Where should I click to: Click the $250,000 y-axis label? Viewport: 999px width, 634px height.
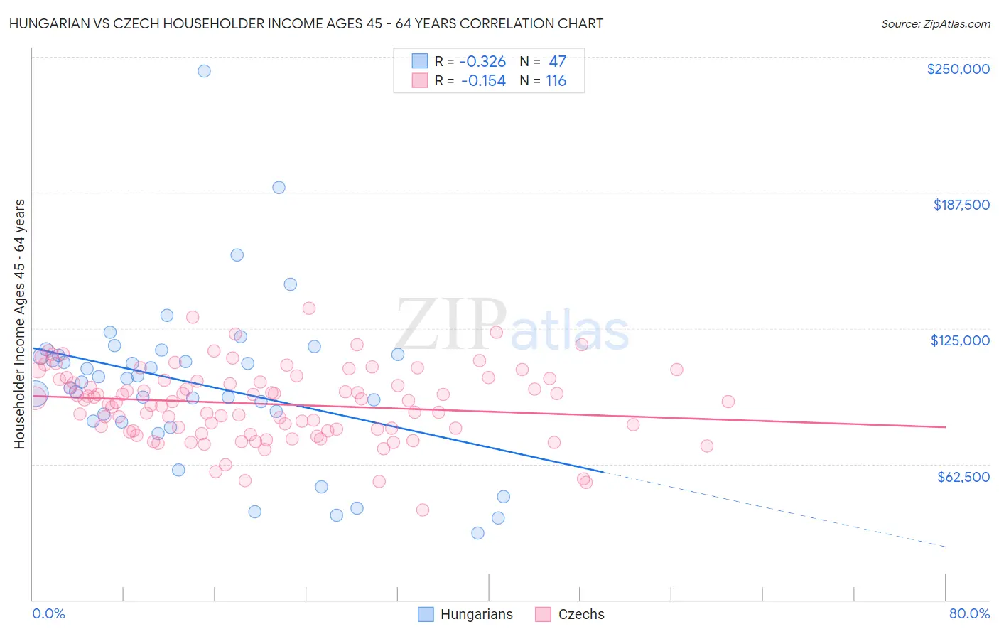(x=958, y=69)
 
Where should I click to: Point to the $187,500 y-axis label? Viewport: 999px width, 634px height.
(x=961, y=205)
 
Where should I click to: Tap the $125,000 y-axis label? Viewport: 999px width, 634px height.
(x=960, y=340)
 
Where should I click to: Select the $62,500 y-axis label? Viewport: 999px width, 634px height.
(x=963, y=477)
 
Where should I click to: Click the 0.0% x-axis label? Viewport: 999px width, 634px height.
(x=48, y=613)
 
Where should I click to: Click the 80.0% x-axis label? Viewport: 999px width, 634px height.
(x=969, y=613)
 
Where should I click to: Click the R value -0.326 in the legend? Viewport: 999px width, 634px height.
(x=483, y=62)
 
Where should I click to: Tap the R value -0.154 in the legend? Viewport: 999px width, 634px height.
(x=483, y=81)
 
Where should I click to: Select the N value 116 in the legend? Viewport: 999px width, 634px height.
(x=556, y=81)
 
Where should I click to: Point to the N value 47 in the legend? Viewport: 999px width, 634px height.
(x=557, y=62)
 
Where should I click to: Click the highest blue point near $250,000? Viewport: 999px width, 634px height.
(x=204, y=71)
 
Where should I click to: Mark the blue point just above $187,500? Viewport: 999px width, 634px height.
(x=279, y=188)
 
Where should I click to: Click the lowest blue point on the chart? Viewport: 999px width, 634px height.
(x=477, y=533)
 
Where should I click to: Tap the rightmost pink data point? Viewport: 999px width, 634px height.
(x=728, y=402)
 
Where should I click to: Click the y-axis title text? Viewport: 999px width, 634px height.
(x=19, y=324)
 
